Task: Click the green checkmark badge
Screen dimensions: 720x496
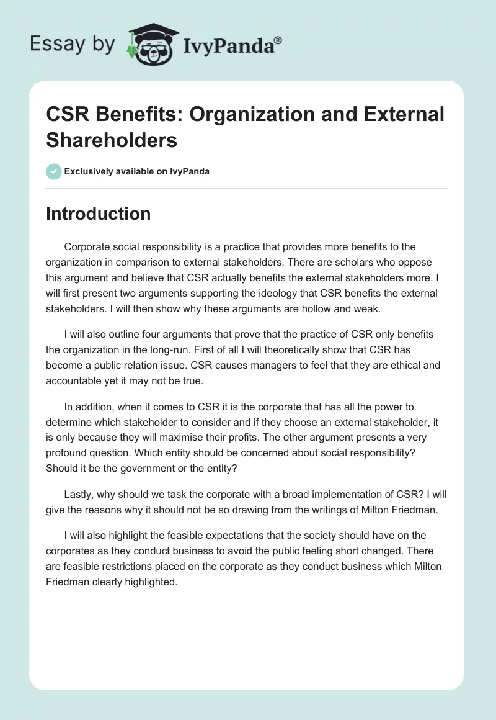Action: [x=53, y=171]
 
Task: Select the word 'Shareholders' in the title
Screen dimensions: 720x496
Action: [x=112, y=140]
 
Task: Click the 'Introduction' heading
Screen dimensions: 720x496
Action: [x=98, y=214]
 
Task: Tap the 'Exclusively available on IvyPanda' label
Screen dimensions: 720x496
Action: [x=136, y=171]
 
